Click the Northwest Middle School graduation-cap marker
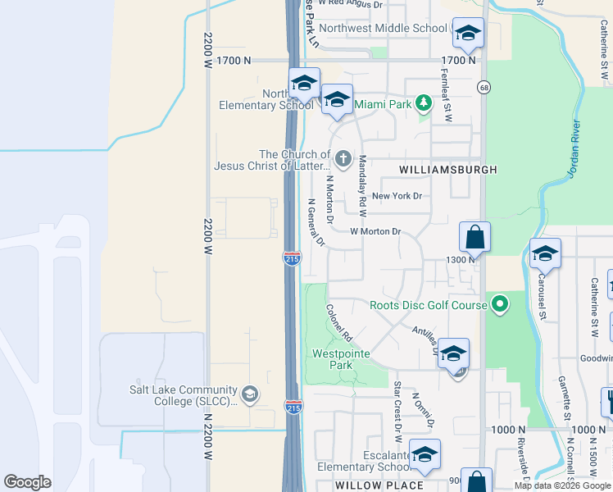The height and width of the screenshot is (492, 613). pos(468,34)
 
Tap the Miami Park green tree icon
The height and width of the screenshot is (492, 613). pos(423,103)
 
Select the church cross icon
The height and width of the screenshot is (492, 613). pos(343,157)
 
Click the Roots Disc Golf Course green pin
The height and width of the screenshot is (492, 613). pos(499,306)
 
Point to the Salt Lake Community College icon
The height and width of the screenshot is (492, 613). pos(250,395)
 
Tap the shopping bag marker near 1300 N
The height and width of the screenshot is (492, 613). pos(475,239)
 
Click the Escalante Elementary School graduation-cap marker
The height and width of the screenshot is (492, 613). pos(424,455)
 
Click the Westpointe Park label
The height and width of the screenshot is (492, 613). pos(342,359)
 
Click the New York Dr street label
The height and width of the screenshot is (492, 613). pos(397,196)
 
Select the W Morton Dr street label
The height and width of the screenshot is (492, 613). pos(375,231)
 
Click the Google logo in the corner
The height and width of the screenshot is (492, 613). pos(28,482)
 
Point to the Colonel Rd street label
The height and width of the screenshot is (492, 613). pos(338,322)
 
